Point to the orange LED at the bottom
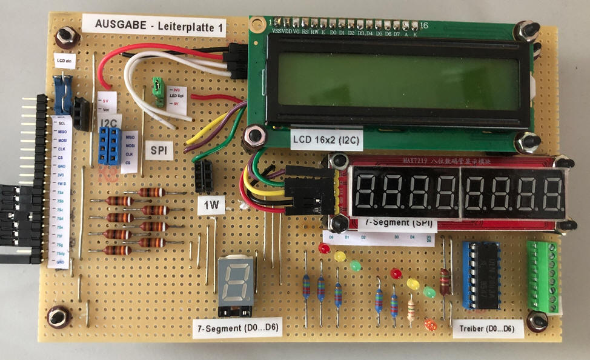[431, 325]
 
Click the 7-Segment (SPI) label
[398, 223]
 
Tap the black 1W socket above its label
[204, 176]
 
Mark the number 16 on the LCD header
[423, 25]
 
